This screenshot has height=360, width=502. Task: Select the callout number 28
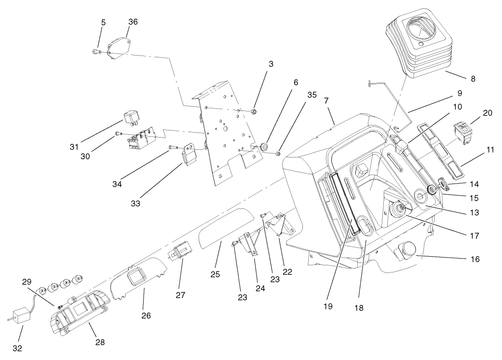100,342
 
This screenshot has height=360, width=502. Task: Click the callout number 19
328,306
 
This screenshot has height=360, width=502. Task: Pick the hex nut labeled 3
253,111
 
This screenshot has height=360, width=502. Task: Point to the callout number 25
215,274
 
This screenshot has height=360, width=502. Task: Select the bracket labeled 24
251,243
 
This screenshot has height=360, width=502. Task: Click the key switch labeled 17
398,208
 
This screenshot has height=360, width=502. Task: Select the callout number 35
312,95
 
